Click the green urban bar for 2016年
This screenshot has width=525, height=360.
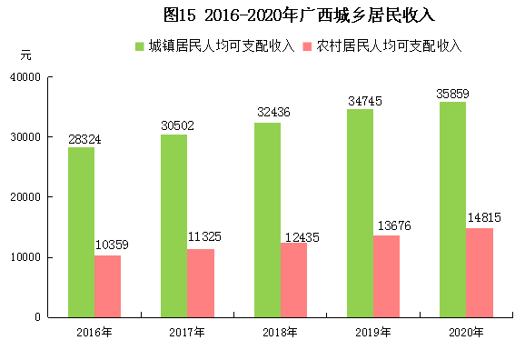[81, 232]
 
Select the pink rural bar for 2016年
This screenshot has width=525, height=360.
[107, 285]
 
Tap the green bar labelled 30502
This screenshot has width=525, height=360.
[174, 225]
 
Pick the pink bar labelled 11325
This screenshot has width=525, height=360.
[201, 283]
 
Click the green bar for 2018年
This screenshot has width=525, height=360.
[267, 219]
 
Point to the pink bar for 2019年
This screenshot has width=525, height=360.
[387, 275]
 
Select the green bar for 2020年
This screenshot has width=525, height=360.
[453, 209]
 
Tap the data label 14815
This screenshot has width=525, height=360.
[484, 217]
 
